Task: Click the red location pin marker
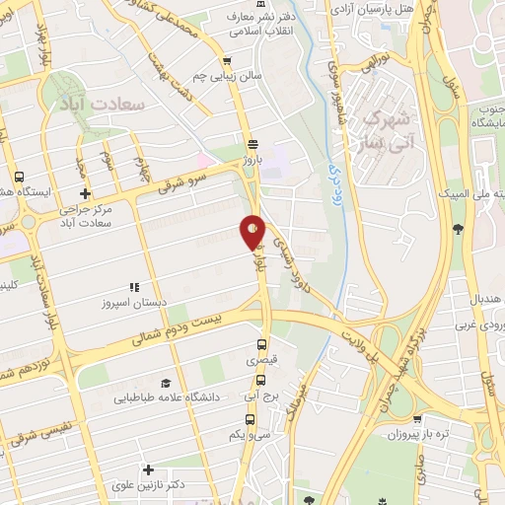pos(252,231)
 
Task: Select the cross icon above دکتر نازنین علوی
pos(148,470)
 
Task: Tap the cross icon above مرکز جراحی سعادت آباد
pos(86,194)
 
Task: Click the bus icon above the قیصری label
pos(260,345)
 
